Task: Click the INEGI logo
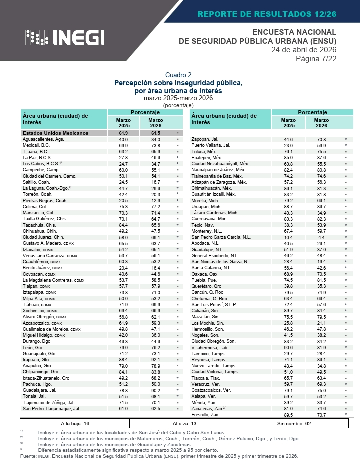coord(65,37)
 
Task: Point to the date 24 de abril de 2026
coord(304,50)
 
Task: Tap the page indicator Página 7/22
coord(316,59)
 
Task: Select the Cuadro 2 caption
coord(178,75)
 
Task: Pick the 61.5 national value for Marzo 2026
coord(155,133)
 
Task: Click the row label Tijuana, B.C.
coord(36,151)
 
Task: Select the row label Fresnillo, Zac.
coord(206,415)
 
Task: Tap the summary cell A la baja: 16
coord(75,423)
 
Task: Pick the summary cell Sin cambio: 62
coord(294,423)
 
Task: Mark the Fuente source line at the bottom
coord(159,456)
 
